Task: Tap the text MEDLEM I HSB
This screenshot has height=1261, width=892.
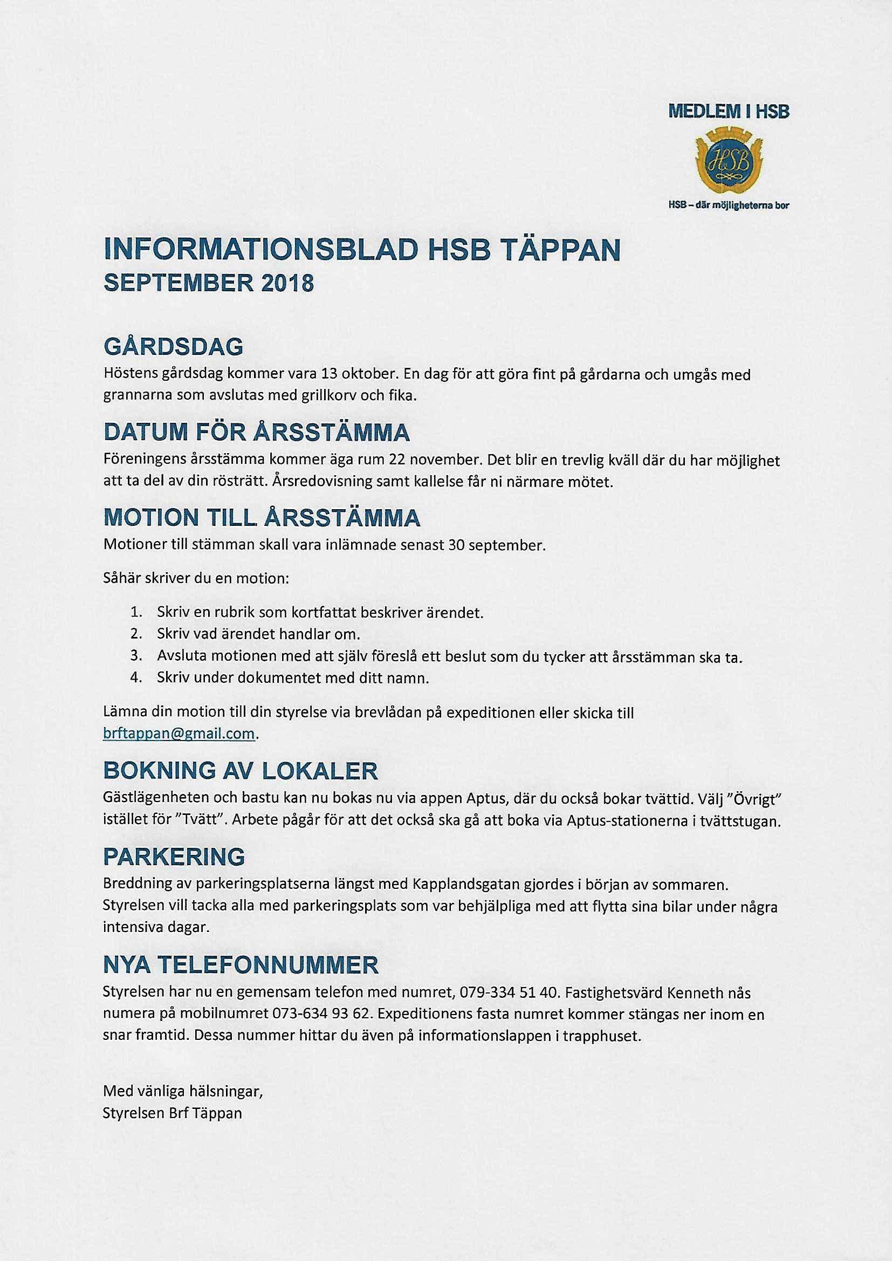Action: coord(728,113)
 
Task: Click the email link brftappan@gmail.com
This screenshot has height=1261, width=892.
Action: coord(180,734)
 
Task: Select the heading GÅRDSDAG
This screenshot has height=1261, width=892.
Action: coord(173,347)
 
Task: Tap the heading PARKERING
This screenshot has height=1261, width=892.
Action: coord(174,856)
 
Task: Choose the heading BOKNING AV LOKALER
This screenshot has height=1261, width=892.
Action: coord(241,771)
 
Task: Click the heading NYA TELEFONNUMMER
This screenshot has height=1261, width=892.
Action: coord(241,965)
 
